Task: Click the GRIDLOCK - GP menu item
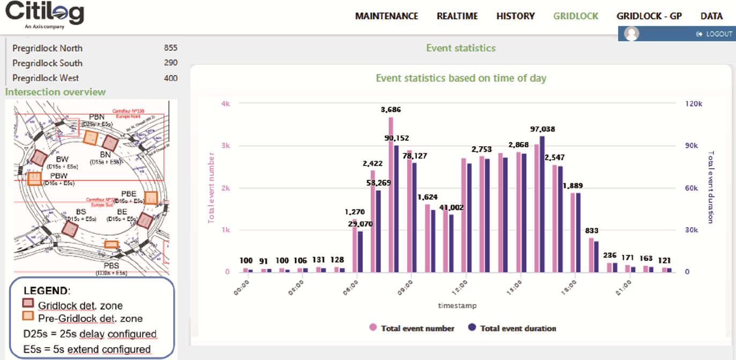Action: tap(649, 16)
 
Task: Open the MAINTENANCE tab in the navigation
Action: tap(386, 16)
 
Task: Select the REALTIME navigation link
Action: tap(457, 16)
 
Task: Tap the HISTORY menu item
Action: tap(515, 16)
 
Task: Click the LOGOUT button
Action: tap(714, 34)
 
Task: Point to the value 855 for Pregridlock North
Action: tap(170, 48)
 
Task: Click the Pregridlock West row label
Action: tap(46, 78)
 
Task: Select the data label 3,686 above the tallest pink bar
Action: tap(391, 109)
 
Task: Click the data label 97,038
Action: tap(542, 129)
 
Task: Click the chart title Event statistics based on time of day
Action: tap(461, 78)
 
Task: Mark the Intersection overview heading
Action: tap(56, 92)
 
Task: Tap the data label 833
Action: tap(592, 230)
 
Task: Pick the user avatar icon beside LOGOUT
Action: tap(632, 34)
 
